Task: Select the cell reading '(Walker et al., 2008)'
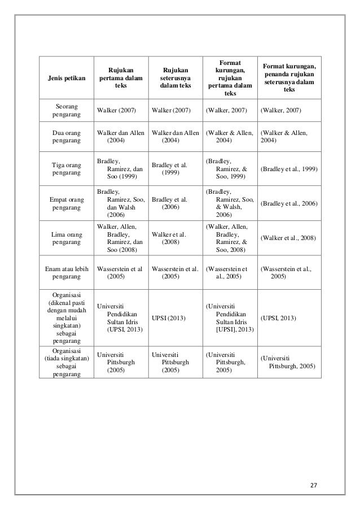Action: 288,238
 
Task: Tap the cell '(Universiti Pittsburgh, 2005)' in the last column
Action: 287,362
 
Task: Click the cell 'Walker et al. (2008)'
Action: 169,238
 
